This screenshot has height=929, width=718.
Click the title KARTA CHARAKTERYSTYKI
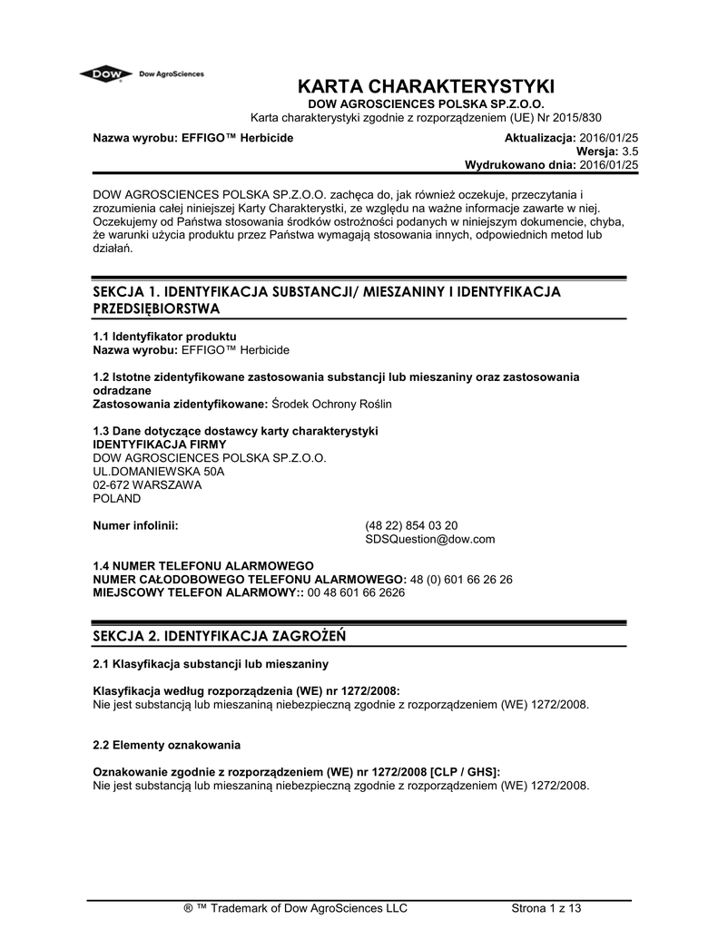pyautogui.click(x=426, y=88)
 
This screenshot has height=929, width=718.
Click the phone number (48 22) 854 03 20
pyautogui.click(x=411, y=525)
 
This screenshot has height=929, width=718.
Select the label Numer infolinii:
pyautogui.click(x=135, y=525)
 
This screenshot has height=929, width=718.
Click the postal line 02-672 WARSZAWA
pyautogui.click(x=148, y=485)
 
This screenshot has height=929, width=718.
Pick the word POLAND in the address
pyautogui.click(x=118, y=498)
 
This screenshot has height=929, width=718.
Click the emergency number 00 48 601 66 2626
pyautogui.click(x=357, y=592)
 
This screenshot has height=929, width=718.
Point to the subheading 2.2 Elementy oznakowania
pyautogui.click(x=167, y=745)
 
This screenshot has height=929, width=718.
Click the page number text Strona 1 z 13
pyautogui.click(x=546, y=908)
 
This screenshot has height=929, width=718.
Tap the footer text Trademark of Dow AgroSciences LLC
pyautogui.click(x=309, y=908)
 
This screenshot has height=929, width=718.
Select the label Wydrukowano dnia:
pyautogui.click(x=520, y=165)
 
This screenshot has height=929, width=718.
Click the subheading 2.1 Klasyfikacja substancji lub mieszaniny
pyautogui.click(x=211, y=664)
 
